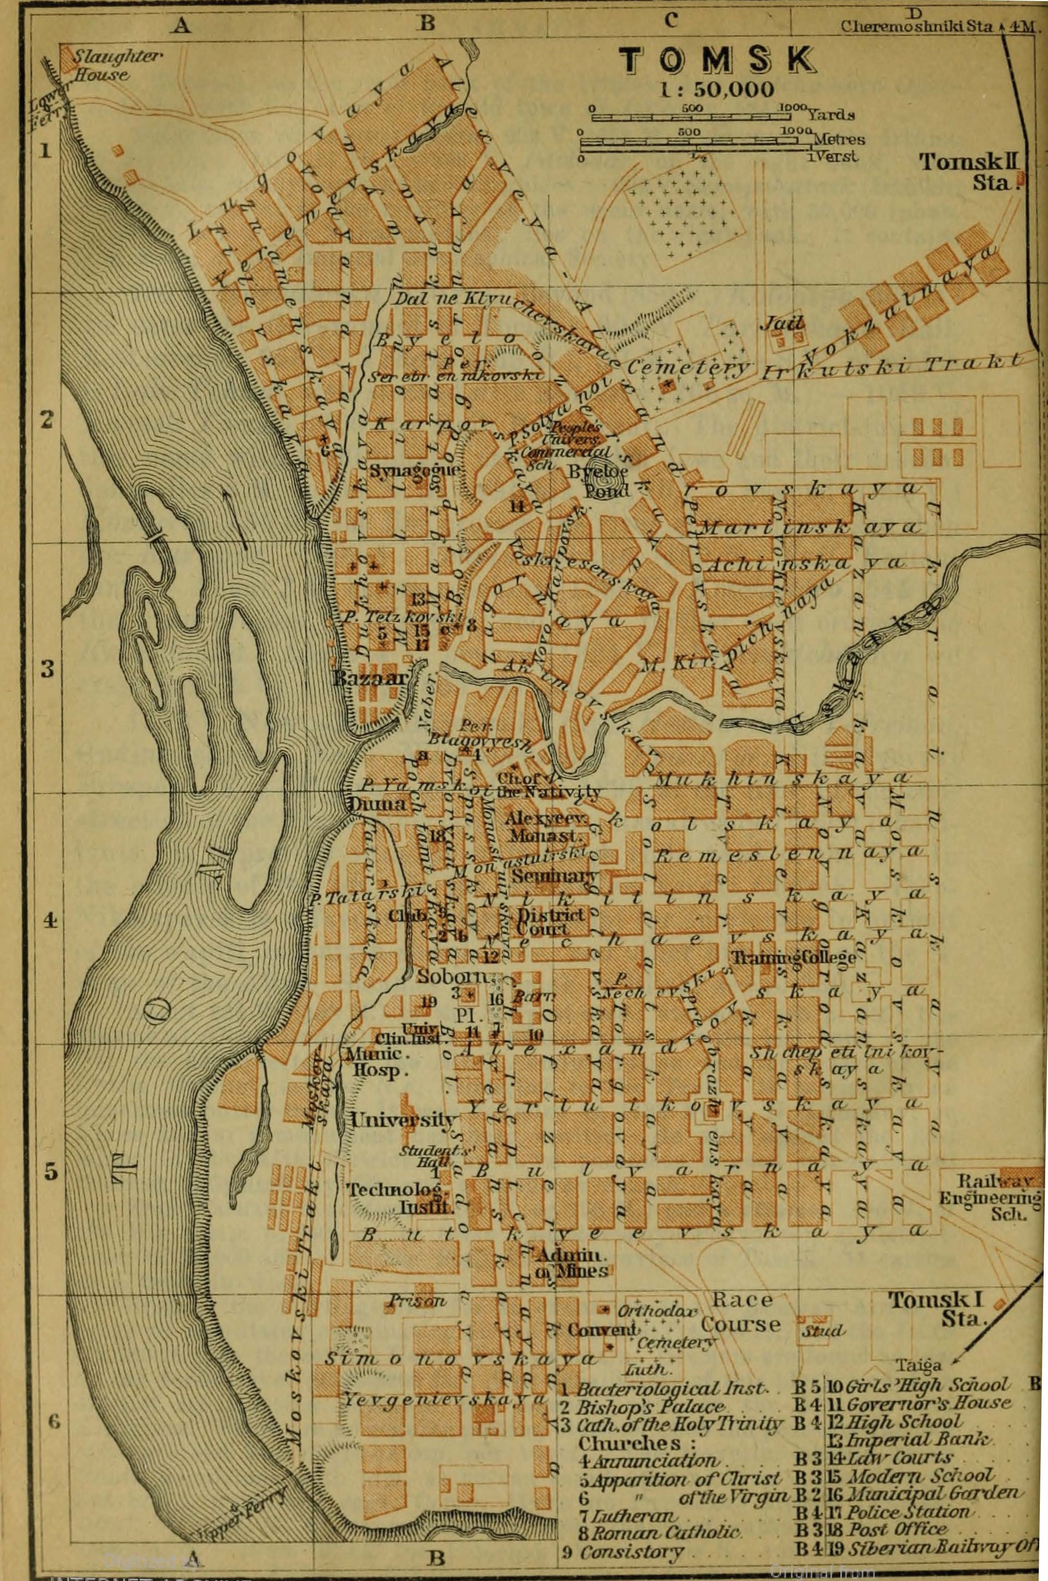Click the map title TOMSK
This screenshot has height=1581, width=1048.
[716, 61]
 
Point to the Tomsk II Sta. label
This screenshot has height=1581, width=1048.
[969, 171]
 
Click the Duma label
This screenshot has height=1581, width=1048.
[377, 804]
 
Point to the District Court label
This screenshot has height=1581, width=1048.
[551, 922]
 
